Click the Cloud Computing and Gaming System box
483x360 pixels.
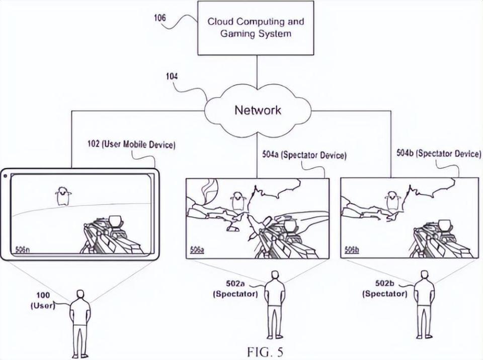(256, 28)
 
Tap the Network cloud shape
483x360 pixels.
(258, 111)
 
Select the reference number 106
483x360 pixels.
(160, 19)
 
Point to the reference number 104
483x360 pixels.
(172, 76)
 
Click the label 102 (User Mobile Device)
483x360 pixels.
(131, 145)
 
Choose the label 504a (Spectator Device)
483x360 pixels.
(304, 155)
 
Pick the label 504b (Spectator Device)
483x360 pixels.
(438, 154)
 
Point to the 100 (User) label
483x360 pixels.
(43, 301)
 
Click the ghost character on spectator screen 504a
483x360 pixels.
(237, 201)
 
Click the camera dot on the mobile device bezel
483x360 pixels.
(6, 176)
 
